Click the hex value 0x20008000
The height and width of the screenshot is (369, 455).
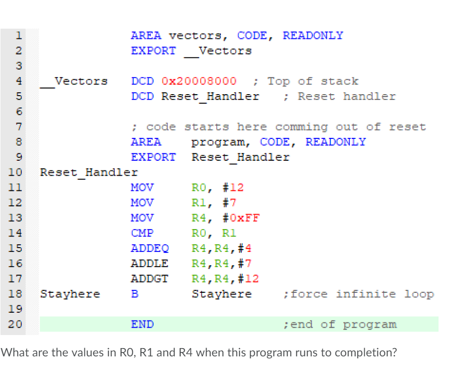pyautogui.click(x=199, y=81)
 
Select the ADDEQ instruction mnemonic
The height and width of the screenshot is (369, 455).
pyautogui.click(x=150, y=248)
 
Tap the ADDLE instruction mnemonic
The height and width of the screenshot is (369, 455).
pyautogui.click(x=149, y=264)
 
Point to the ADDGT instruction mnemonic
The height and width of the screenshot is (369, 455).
pyautogui.click(x=149, y=279)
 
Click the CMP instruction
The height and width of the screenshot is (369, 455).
pyautogui.click(x=142, y=233)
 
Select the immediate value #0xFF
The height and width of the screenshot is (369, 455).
pyautogui.click(x=241, y=218)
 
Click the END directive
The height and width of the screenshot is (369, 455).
pyautogui.click(x=142, y=324)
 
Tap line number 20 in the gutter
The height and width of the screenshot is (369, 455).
pyautogui.click(x=15, y=324)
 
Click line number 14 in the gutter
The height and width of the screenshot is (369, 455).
pyautogui.click(x=15, y=233)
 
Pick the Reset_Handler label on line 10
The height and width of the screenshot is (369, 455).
pyautogui.click(x=89, y=172)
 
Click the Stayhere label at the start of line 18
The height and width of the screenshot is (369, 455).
pyautogui.click(x=70, y=294)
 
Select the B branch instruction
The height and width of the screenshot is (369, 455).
pyautogui.click(x=135, y=294)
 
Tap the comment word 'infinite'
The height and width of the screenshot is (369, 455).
pyautogui.click(x=366, y=294)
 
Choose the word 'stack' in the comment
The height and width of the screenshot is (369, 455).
pyautogui.click(x=340, y=81)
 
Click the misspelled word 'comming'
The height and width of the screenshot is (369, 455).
pyautogui.click(x=301, y=127)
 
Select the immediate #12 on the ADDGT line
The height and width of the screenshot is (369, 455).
pyautogui.click(x=248, y=279)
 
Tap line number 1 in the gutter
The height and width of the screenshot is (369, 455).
pyautogui.click(x=19, y=35)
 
